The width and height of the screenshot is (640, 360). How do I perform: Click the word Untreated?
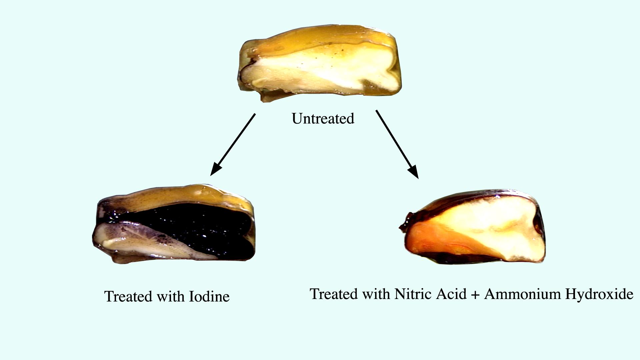click(323, 119)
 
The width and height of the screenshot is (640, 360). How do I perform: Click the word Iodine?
click(209, 296)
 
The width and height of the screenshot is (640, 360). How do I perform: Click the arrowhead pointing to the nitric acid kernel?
click(413, 171)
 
